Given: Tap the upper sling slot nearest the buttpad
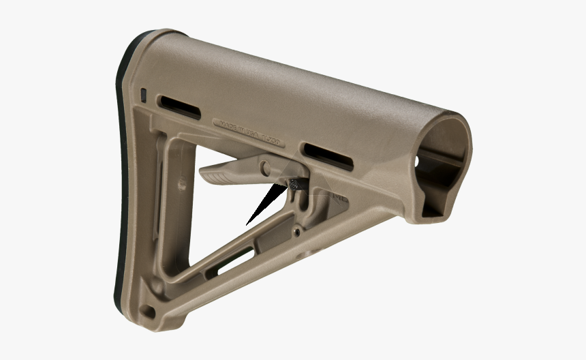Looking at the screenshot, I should tap(179, 107).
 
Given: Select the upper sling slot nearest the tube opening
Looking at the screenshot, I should tap(328, 156).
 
